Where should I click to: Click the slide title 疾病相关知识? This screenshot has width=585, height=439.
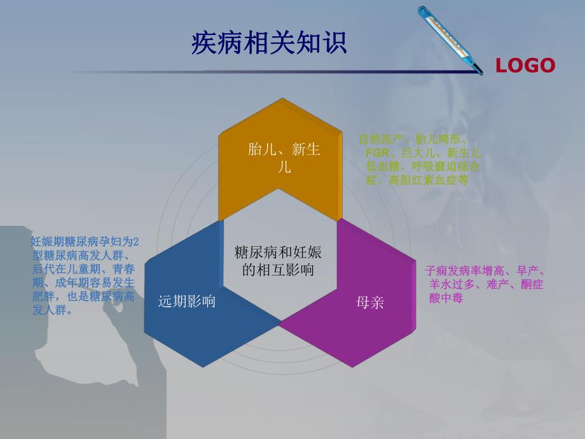coord(269,43)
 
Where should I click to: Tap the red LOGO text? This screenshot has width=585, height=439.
coord(525,66)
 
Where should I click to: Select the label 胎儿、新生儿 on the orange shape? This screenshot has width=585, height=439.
coord(284,158)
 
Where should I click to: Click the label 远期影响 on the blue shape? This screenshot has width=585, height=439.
coord(186,301)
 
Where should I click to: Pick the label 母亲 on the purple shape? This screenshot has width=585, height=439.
coord(370,302)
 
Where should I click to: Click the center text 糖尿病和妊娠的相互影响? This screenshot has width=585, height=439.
coord(279,261)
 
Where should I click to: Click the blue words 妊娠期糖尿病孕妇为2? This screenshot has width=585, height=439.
coord(85,242)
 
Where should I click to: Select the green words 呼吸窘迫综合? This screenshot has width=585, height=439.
coord(445,167)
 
